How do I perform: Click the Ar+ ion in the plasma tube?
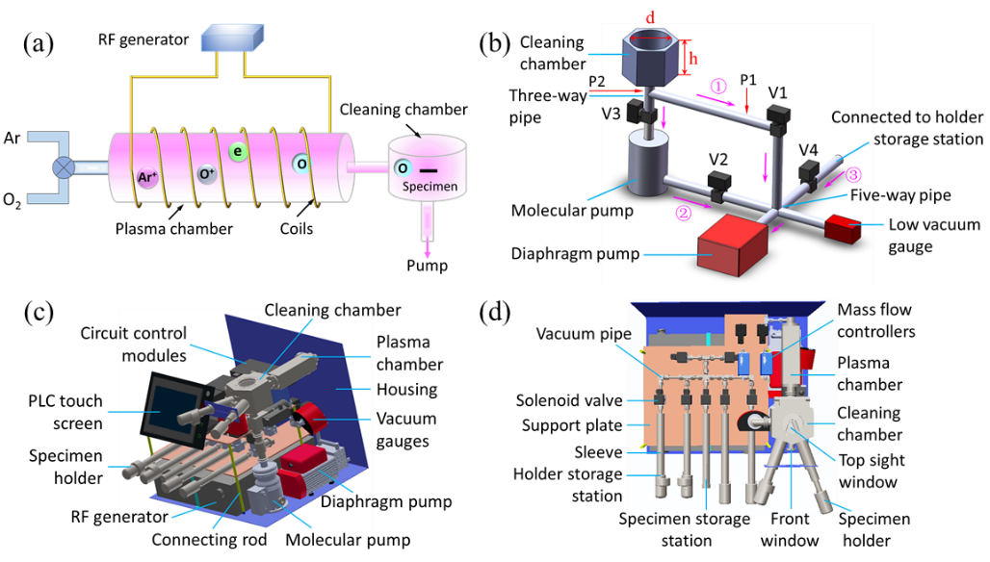[146, 176]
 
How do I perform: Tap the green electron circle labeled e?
[238, 151]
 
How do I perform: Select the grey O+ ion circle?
[206, 174]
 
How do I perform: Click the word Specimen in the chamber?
[424, 188]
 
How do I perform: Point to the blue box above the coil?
[231, 38]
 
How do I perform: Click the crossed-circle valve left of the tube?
[64, 167]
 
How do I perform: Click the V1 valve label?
[778, 93]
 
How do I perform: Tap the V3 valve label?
[612, 114]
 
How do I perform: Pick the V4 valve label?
[808, 149]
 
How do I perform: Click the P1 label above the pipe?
[749, 78]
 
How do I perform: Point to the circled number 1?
[718, 86]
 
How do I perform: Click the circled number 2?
[683, 212]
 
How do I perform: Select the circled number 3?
[853, 175]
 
